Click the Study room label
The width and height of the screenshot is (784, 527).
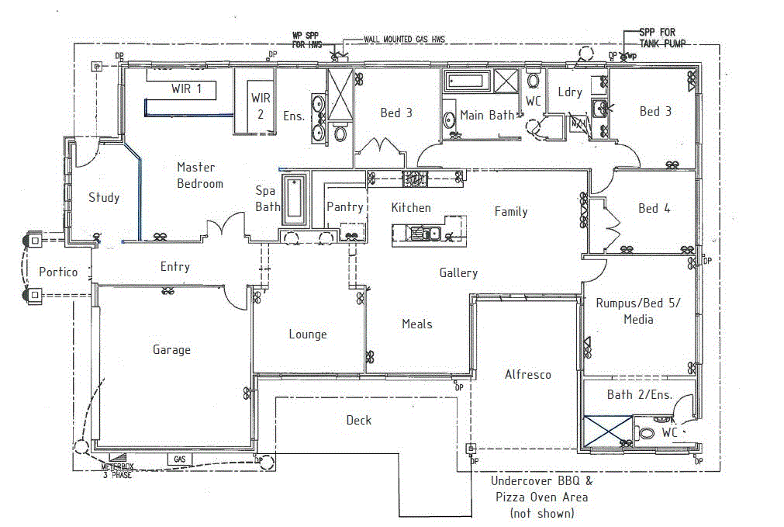pyautogui.click(x=104, y=198)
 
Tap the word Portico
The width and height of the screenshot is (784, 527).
pyautogui.click(x=58, y=272)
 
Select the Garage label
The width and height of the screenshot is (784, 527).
pyautogui.click(x=171, y=350)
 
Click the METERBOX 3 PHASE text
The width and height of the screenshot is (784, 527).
pyautogui.click(x=117, y=471)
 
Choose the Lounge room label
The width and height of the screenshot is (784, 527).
pyautogui.click(x=308, y=335)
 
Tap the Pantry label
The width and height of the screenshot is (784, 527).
pyautogui.click(x=344, y=207)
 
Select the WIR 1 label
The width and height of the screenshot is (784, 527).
pyautogui.click(x=187, y=89)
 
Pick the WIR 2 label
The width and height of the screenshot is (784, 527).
pyautogui.click(x=261, y=106)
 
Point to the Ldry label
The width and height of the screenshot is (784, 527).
pyautogui.click(x=570, y=92)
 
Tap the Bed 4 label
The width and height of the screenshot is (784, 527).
pyautogui.click(x=654, y=208)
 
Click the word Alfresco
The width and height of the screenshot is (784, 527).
pyautogui.click(x=527, y=375)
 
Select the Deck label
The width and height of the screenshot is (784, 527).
pyautogui.click(x=358, y=420)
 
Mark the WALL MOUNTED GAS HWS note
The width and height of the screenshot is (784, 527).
pyautogui.click(x=404, y=39)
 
